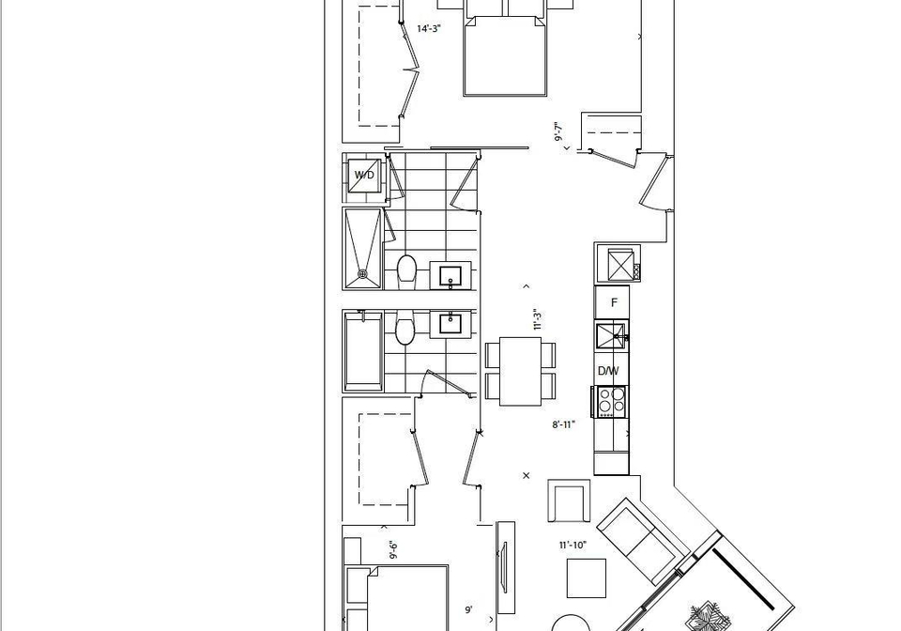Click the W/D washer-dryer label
pyautogui.click(x=364, y=175)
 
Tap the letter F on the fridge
pyautogui.click(x=614, y=303)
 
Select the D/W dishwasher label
pyautogui.click(x=608, y=371)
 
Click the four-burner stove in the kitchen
pyautogui.click(x=611, y=401)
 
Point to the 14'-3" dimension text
pyautogui.click(x=429, y=29)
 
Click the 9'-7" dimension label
pyautogui.click(x=557, y=131)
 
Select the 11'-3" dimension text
pyautogui.click(x=538, y=320)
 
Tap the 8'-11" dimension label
pyautogui.click(x=564, y=424)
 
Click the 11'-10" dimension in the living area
pyautogui.click(x=573, y=545)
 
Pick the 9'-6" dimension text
pyautogui.click(x=393, y=550)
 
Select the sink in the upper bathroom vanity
pyautogui.click(x=450, y=276)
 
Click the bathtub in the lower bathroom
pyautogui.click(x=363, y=351)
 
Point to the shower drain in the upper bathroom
pyautogui.click(x=362, y=274)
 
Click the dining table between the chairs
pyautogui.click(x=521, y=371)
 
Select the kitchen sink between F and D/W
pyautogui.click(x=611, y=336)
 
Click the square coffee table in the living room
pyautogui.click(x=586, y=578)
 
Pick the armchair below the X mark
pyautogui.click(x=569, y=500)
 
